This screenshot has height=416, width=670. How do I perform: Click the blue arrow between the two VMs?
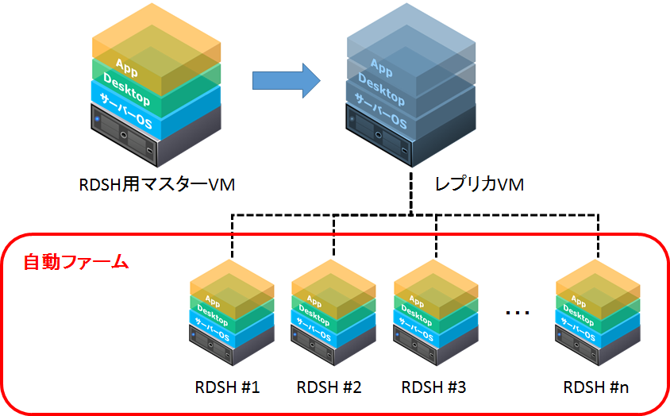[284, 81]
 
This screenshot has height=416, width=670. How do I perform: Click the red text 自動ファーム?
[75, 261]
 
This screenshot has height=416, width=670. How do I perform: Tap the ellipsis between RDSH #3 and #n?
[518, 313]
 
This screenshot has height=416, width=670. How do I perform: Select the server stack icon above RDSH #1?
[233, 318]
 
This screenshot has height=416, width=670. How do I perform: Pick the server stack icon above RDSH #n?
[597, 318]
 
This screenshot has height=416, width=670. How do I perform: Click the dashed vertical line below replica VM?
[411, 191]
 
